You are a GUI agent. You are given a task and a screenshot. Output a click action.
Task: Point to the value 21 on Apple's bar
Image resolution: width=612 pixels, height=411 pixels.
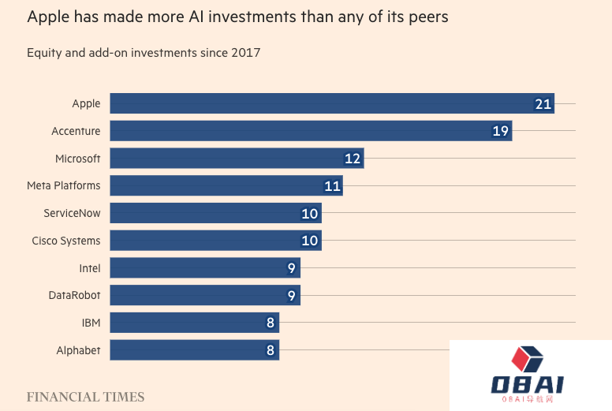tap(543, 104)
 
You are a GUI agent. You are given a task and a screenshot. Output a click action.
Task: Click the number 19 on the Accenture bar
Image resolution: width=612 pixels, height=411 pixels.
tap(500, 131)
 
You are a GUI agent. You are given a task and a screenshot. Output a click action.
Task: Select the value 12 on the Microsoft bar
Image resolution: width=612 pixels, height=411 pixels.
tap(353, 159)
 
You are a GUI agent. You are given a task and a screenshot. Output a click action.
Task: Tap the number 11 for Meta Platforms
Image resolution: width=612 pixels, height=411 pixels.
tap(332, 186)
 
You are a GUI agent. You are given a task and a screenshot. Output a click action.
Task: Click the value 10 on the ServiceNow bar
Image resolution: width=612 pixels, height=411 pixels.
tap(310, 214)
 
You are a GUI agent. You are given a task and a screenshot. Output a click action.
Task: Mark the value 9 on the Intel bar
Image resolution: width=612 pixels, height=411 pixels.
tap(292, 268)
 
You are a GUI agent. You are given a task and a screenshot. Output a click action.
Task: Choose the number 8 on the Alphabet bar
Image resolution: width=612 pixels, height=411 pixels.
tap(271, 350)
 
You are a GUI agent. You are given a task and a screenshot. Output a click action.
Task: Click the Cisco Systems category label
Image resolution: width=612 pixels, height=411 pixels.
tap(66, 241)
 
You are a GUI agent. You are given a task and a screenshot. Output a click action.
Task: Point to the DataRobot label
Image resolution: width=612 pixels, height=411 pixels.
tap(74, 296)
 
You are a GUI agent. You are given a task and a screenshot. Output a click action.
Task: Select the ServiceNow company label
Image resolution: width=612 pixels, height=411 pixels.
tap(72, 213)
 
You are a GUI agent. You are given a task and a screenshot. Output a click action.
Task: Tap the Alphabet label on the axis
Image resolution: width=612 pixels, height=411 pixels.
tap(78, 350)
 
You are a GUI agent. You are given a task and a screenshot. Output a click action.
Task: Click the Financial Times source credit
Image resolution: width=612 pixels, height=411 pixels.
tap(85, 397)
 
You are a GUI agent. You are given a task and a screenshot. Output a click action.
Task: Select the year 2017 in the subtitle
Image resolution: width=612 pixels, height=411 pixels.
tap(246, 53)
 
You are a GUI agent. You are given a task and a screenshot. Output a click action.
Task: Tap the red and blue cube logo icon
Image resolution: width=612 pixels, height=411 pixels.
tap(528, 361)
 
